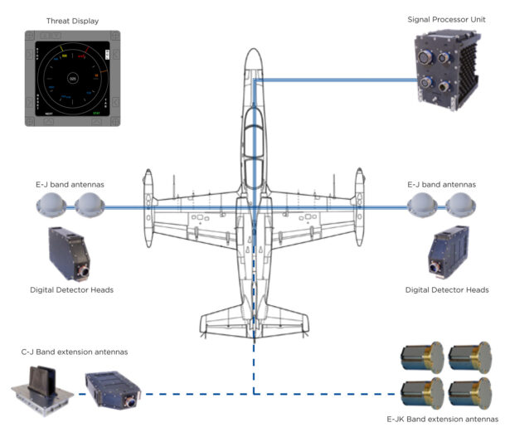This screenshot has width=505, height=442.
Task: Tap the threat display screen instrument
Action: tap(73, 79)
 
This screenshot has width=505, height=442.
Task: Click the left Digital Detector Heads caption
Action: tap(70, 289)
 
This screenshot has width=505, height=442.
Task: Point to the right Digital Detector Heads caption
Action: tap(446, 289)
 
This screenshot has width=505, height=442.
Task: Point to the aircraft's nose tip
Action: tap(253, 50)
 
